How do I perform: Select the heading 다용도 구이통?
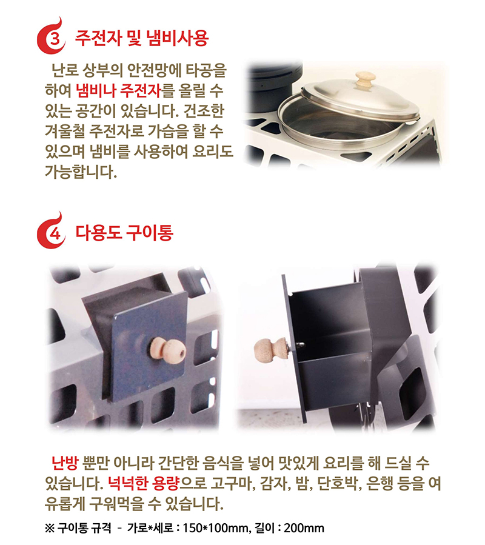124,233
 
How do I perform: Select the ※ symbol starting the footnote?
50,527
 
